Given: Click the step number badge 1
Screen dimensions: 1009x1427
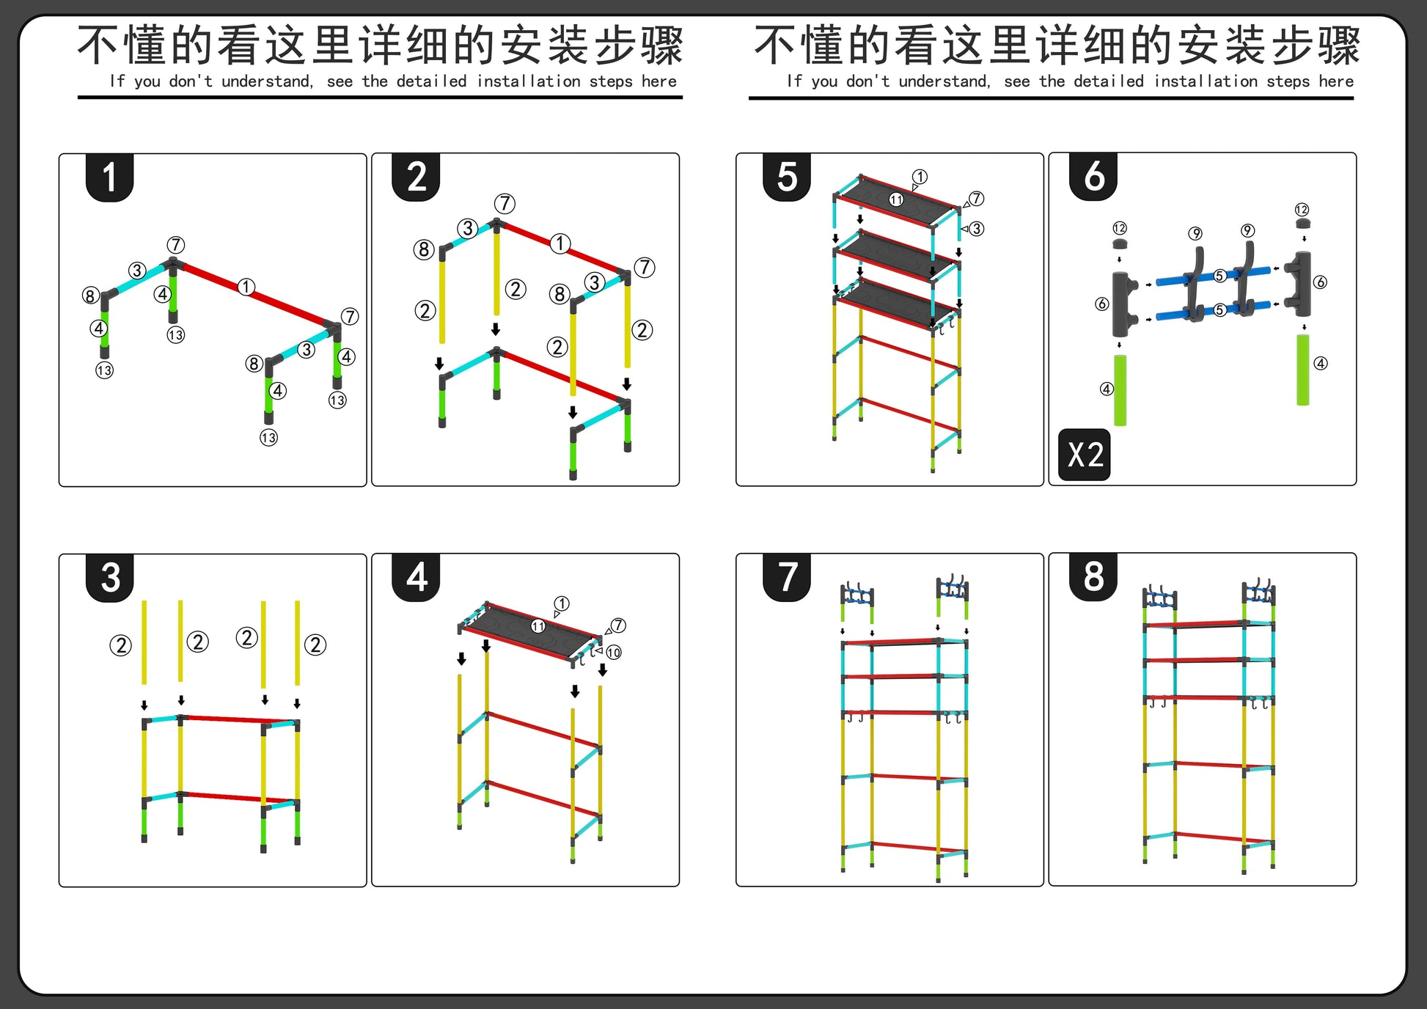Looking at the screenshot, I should tap(109, 177).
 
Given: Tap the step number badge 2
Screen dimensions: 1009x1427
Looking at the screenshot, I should tap(417, 177).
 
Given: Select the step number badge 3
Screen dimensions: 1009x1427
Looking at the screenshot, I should tap(110, 578).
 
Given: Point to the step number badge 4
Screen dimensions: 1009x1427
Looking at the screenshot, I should tap(417, 577).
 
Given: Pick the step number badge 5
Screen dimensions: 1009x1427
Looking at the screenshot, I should tap(787, 177).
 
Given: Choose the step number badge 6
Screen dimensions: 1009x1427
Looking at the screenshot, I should tap(1094, 177).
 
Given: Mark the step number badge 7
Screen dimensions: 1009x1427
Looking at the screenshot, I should tap(787, 577).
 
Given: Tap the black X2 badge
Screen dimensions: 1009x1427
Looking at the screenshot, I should tap(1085, 455).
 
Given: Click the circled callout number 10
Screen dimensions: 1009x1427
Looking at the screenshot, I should tap(614, 652).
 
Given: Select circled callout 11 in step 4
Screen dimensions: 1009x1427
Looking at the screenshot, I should tap(538, 626).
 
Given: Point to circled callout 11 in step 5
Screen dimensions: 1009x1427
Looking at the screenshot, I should tap(896, 199).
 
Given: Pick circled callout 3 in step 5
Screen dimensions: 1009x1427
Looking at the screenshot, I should tap(977, 229).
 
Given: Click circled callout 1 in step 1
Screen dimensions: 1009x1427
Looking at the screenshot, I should tap(246, 287).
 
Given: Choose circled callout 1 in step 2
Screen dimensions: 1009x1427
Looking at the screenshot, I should tap(560, 243).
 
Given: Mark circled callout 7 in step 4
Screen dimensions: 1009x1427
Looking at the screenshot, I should tap(619, 625).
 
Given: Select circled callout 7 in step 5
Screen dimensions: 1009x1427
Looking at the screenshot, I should tap(976, 199).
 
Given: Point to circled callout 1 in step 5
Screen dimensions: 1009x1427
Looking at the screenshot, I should tap(920, 177).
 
